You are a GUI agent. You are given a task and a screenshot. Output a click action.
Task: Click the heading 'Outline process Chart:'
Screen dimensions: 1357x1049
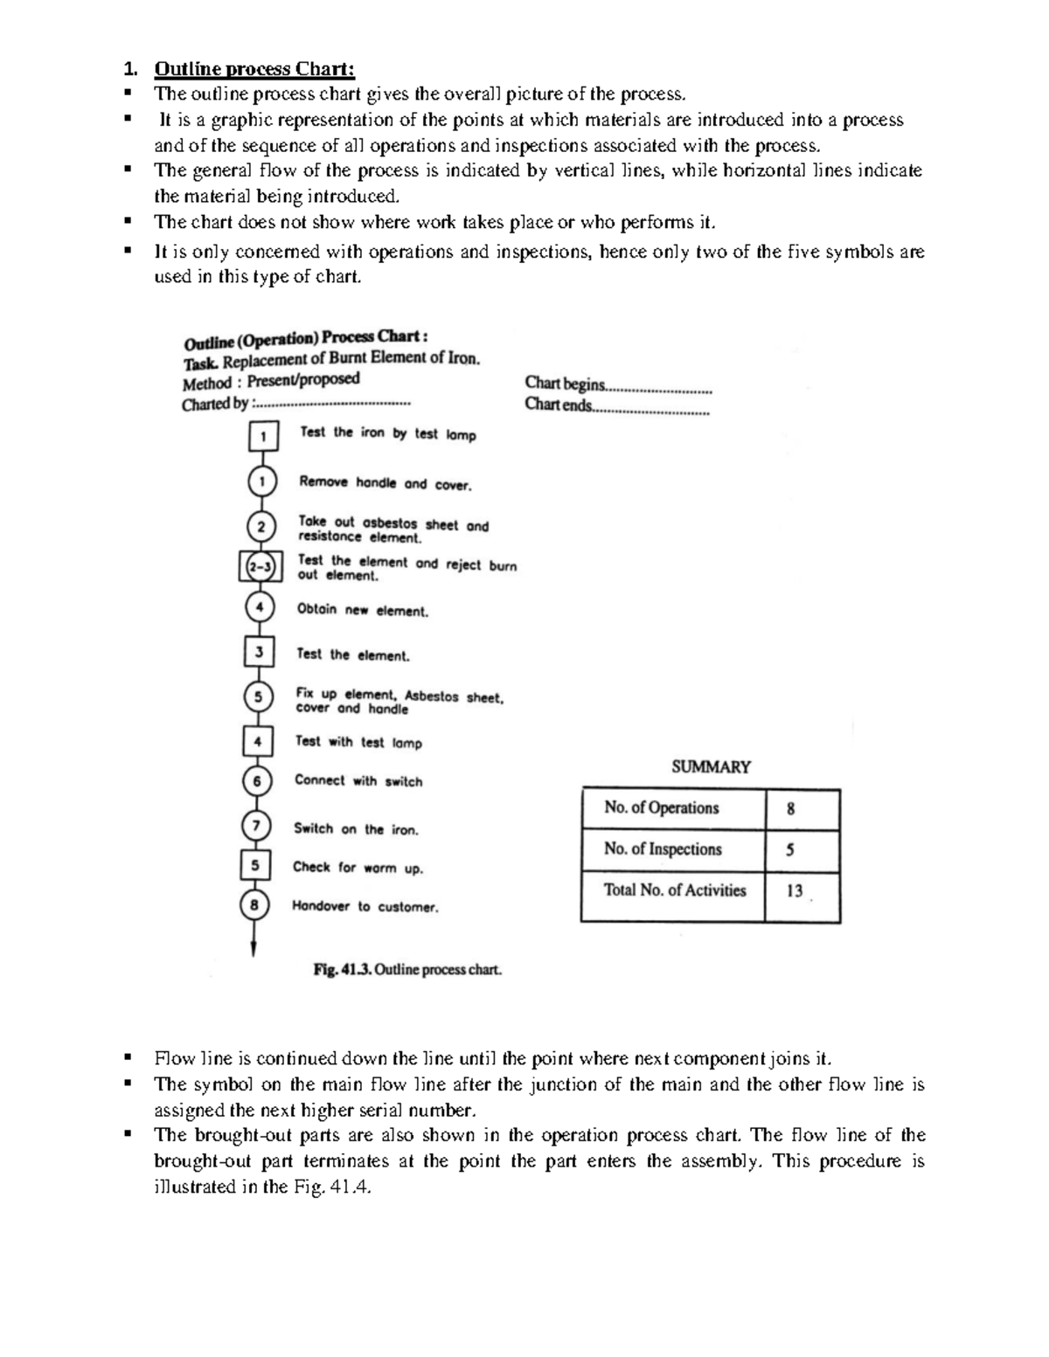point(254,68)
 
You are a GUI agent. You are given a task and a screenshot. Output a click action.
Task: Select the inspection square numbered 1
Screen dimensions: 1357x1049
point(264,435)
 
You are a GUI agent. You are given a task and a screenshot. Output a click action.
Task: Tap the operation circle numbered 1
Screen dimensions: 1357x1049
point(262,481)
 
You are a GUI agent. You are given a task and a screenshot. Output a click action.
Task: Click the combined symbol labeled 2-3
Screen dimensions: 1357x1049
point(261,566)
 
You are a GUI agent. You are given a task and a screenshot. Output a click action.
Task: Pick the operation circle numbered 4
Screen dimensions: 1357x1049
point(260,606)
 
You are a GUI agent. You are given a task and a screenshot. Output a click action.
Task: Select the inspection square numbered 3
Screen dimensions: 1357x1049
point(259,652)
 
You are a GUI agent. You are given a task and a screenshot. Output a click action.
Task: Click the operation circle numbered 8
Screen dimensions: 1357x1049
point(254,905)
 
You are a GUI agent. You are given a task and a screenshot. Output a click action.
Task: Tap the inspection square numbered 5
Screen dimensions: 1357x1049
point(254,865)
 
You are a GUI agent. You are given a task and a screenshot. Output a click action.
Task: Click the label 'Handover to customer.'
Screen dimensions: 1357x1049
point(365,907)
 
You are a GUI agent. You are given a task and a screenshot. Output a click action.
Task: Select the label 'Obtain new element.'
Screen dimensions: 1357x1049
point(363,610)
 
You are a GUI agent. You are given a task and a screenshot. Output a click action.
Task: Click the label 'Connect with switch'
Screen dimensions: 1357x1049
point(358,781)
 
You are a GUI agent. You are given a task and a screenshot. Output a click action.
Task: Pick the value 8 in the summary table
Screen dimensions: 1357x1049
point(791,809)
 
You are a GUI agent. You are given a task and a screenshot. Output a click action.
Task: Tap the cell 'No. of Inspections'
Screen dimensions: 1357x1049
point(663,849)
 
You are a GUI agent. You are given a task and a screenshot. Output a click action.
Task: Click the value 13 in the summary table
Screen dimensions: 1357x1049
point(795,891)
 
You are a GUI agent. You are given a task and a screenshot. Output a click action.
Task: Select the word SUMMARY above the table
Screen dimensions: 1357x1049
point(711,766)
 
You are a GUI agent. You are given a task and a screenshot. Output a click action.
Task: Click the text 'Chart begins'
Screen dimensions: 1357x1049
point(565,384)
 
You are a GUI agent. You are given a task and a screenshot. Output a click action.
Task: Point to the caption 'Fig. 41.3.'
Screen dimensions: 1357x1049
point(343,970)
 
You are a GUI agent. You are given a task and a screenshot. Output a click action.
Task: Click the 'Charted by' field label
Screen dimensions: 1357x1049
point(215,405)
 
